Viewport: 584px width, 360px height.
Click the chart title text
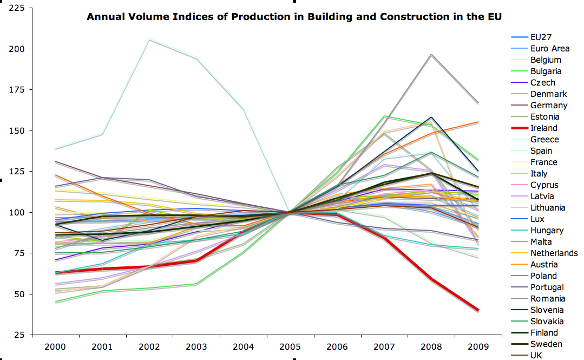(294, 17)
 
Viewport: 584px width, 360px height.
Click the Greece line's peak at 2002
(149, 40)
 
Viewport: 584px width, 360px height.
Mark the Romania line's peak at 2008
(431, 54)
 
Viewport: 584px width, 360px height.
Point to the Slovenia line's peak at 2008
(431, 117)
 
